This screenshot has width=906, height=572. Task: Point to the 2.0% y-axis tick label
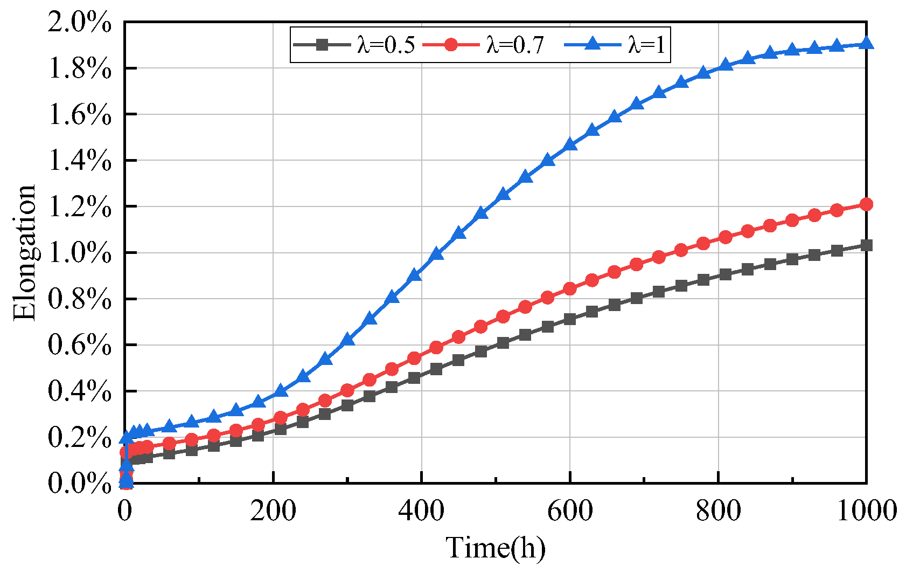[x=80, y=24]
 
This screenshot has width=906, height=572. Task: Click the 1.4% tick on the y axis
[x=80, y=161]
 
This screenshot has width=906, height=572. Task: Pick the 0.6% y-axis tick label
[x=80, y=345]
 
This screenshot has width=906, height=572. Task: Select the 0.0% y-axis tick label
[x=80, y=483]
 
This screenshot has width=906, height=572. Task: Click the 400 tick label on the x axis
[x=421, y=510]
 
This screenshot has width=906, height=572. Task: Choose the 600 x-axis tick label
[x=570, y=510]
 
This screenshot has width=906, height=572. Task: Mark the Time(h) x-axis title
[x=496, y=548]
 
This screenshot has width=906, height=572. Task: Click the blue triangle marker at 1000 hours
[x=866, y=44]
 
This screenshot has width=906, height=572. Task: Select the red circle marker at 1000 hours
[x=866, y=204]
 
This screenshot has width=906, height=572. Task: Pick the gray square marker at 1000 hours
[x=866, y=245]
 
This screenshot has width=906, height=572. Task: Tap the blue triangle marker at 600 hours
[x=570, y=145]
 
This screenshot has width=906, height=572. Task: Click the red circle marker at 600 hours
[x=570, y=289]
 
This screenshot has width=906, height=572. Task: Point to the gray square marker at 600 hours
[x=570, y=319]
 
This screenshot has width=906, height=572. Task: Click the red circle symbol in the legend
[x=451, y=45]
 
